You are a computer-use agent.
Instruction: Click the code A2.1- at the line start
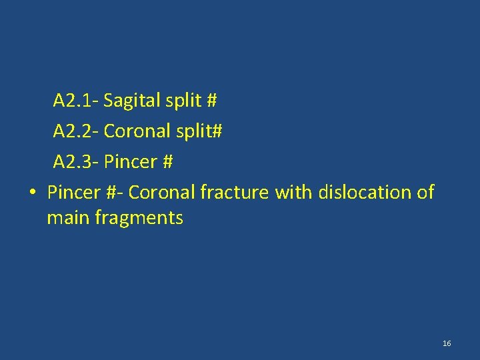coord(76,101)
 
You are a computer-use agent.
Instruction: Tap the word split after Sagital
coord(183,101)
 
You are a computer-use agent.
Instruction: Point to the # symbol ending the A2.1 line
coord(212,101)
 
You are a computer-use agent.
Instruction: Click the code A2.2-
coord(76,132)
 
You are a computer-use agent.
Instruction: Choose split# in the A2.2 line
coord(199,132)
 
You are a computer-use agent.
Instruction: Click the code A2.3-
coord(76,162)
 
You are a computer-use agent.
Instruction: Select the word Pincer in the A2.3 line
coord(130,162)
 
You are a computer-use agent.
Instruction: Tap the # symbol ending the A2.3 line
coord(168,162)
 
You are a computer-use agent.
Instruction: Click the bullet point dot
coord(32,193)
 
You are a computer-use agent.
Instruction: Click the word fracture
coord(235,193)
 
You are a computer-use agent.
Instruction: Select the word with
coord(293,193)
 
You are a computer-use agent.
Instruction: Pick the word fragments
coord(141,218)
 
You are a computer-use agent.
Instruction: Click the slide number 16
coord(447,343)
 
